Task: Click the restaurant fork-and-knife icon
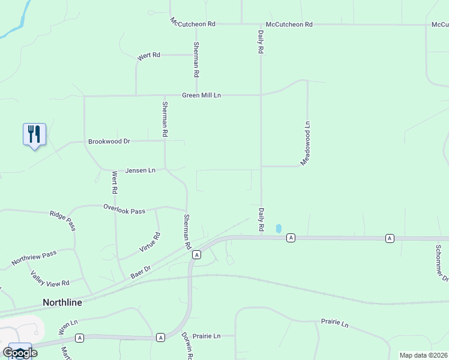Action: pyautogui.click(x=34, y=134)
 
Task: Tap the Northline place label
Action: pyautogui.click(x=62, y=302)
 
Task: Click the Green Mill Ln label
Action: pyautogui.click(x=202, y=95)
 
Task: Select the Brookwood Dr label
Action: pyautogui.click(x=109, y=142)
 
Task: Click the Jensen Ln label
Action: pyautogui.click(x=140, y=170)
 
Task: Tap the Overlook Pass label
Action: pyautogui.click(x=124, y=211)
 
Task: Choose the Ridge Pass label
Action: pyautogui.click(x=62, y=220)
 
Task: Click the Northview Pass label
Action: pyautogui.click(x=34, y=258)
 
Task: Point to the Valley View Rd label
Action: pyautogui.click(x=50, y=278)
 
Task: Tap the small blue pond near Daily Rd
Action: pyautogui.click(x=278, y=229)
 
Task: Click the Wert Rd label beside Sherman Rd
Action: pyautogui.click(x=149, y=56)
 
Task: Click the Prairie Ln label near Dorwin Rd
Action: pyautogui.click(x=207, y=336)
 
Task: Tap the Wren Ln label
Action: pyautogui.click(x=68, y=326)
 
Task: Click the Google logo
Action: pyautogui.click(x=20, y=353)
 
